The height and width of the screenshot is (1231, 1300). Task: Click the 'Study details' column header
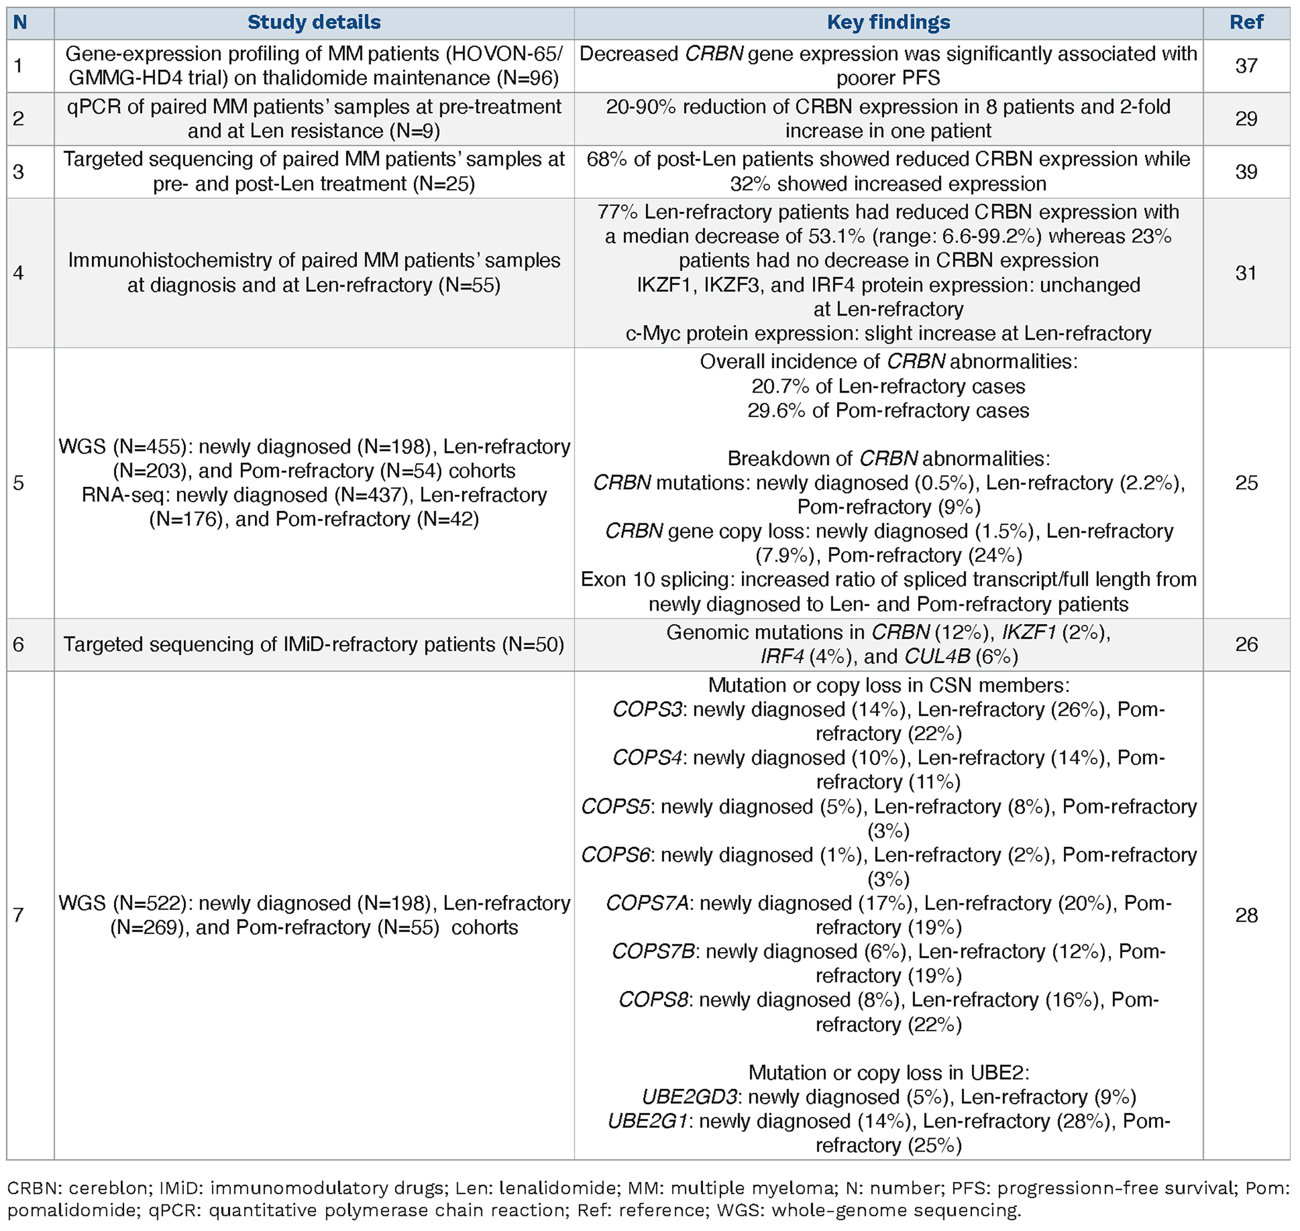point(314,23)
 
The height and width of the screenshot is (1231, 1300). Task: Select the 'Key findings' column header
point(888,23)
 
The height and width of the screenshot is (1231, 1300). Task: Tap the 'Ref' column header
point(1246,23)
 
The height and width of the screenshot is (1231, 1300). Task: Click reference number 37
point(1246,66)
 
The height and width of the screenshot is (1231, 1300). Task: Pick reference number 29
point(1246,119)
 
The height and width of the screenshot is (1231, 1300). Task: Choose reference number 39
point(1246,172)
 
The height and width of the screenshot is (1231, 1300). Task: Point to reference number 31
point(1246,273)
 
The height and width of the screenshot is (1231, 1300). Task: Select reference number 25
point(1246,483)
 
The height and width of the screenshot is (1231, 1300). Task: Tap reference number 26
point(1246,644)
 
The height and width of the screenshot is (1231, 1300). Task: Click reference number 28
point(1246,915)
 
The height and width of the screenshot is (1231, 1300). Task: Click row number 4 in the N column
point(18,273)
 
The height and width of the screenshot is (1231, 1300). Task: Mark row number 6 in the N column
point(18,644)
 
